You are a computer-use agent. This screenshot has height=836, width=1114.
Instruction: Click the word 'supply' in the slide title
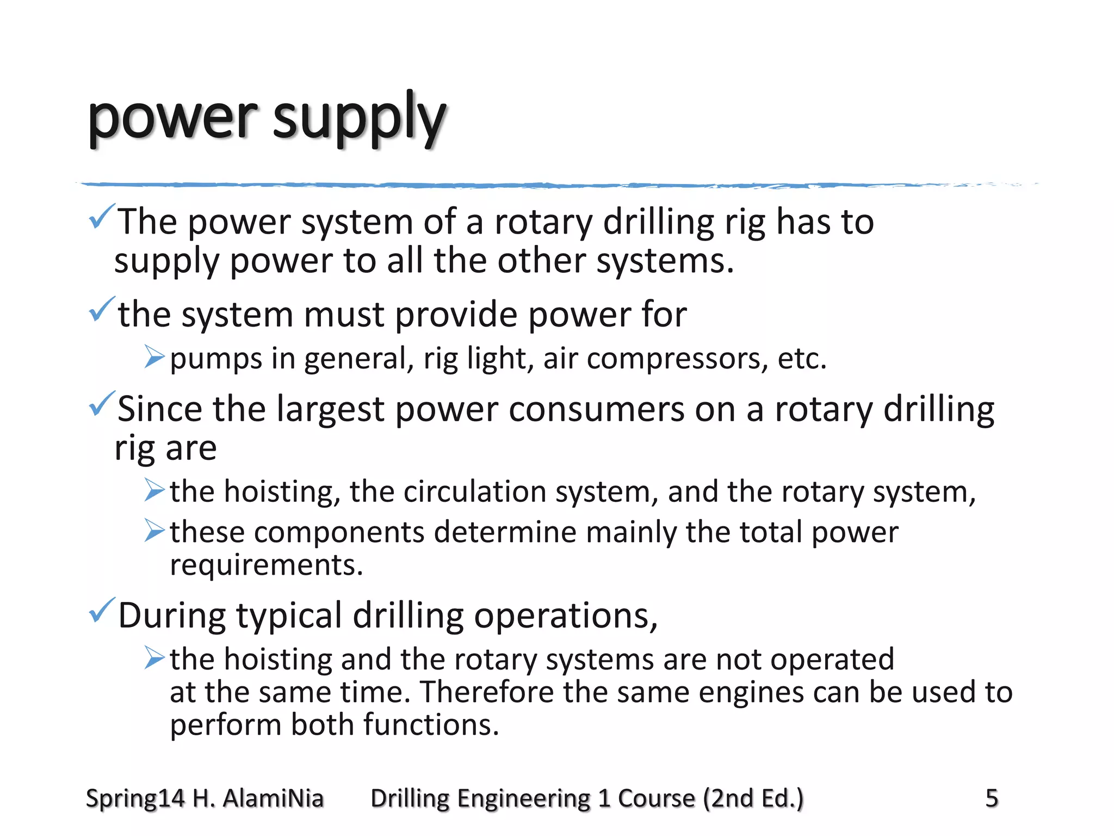[x=359, y=119]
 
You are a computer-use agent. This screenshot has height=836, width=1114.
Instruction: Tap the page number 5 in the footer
[x=992, y=798]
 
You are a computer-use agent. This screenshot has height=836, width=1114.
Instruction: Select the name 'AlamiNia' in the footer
[x=273, y=798]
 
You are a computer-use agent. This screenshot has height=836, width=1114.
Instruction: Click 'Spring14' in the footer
[x=135, y=798]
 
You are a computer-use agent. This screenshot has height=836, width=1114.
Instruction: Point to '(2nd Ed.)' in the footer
[x=753, y=798]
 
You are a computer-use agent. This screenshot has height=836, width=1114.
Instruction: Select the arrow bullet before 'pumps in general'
[x=154, y=357]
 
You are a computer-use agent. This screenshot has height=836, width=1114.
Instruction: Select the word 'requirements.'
[x=266, y=565]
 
